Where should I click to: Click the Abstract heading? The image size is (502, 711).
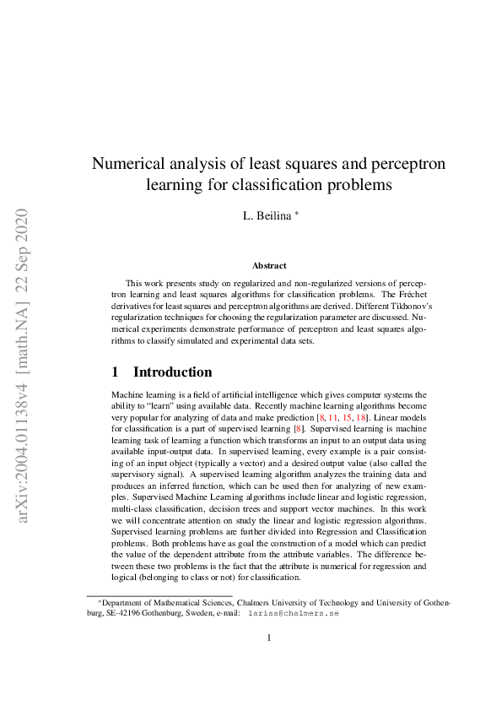[x=269, y=266]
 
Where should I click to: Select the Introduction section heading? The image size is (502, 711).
[x=173, y=372]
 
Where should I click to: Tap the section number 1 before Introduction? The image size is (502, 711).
[x=115, y=372]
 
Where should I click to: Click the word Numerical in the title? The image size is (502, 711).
[x=132, y=163]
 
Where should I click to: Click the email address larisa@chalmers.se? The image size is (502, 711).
[x=293, y=614]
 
